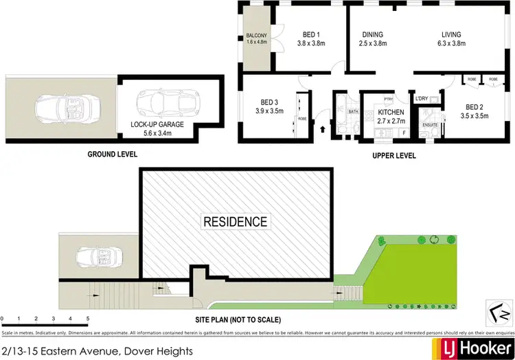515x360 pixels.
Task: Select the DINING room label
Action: coord(372,35)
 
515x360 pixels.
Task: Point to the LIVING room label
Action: coord(450,35)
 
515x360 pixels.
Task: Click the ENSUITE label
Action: coord(430,124)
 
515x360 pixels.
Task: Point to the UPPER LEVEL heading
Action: coord(393,156)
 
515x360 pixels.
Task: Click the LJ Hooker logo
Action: coord(471,346)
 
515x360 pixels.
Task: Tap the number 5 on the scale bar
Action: coord(88,319)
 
